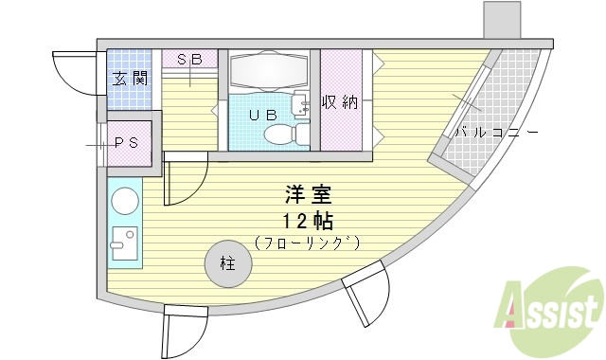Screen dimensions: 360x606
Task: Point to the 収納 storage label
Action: [x=338, y=102]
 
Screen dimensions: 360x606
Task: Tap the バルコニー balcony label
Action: [x=496, y=133]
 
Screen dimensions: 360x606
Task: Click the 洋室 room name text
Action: [x=309, y=197]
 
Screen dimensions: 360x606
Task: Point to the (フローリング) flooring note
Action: [x=309, y=243]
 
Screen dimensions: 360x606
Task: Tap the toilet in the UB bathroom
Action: [x=300, y=134]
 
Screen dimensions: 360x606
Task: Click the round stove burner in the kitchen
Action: [x=125, y=202]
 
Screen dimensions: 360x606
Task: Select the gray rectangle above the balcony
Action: [x=501, y=19]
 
